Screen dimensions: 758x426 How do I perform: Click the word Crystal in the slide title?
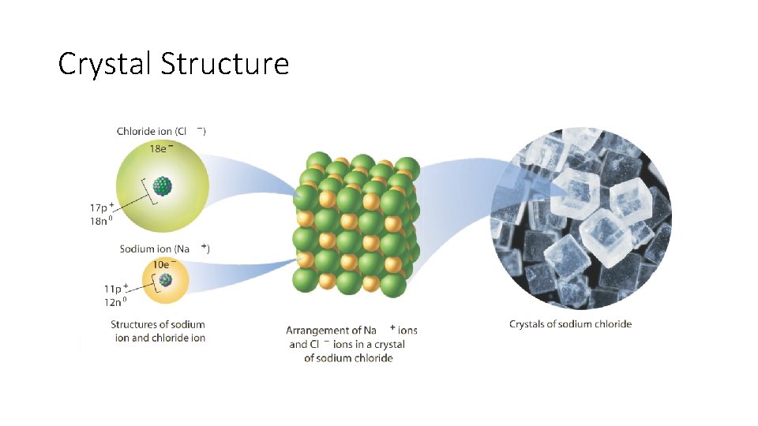106,64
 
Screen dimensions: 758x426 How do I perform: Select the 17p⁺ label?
102,207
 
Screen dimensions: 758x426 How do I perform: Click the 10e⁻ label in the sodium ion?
163,263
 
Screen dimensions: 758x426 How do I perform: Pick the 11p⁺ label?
102,288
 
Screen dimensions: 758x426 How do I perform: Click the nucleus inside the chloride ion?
163,186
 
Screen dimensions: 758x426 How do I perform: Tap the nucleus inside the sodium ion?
165,280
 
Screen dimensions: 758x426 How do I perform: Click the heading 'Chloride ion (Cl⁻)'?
161,131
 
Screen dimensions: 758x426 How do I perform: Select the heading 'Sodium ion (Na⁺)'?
164,249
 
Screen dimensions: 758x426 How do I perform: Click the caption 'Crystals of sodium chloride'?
570,323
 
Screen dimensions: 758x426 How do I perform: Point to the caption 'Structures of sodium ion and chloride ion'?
158,331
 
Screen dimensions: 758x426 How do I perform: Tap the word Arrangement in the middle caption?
317,331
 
